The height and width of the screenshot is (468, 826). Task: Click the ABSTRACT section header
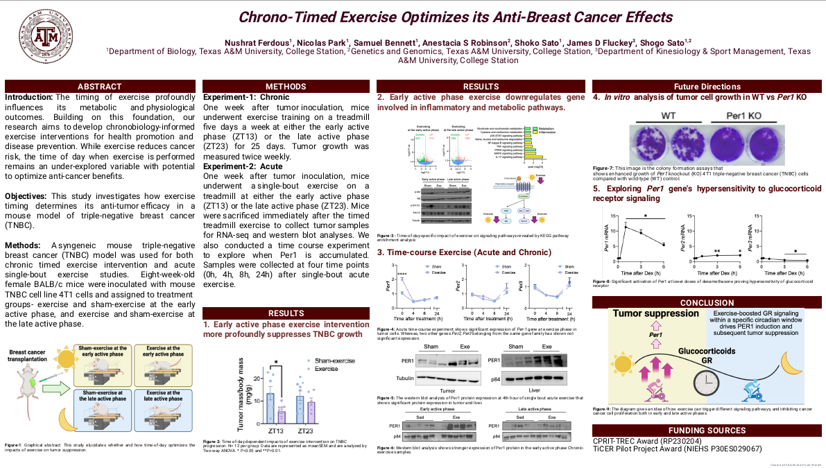[x=100, y=87]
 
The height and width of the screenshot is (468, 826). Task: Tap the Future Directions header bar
[x=706, y=87]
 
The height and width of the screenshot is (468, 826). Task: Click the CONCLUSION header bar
[x=706, y=302]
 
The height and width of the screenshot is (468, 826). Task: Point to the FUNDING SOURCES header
[x=706, y=430]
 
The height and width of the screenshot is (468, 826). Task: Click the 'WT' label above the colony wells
[x=668, y=115]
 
